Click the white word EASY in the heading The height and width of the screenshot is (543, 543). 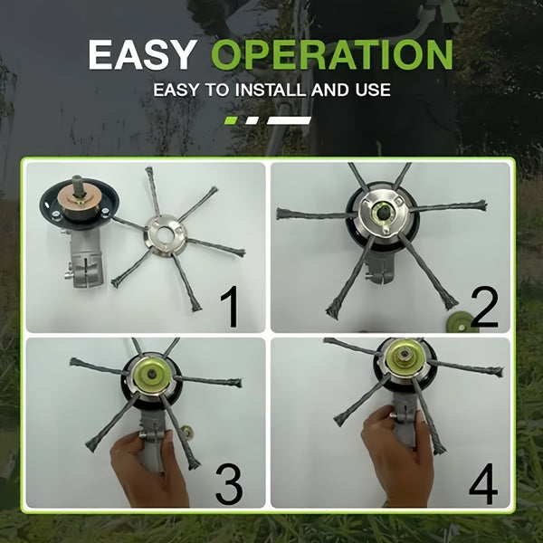144,56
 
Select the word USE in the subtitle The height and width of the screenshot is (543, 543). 370,90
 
